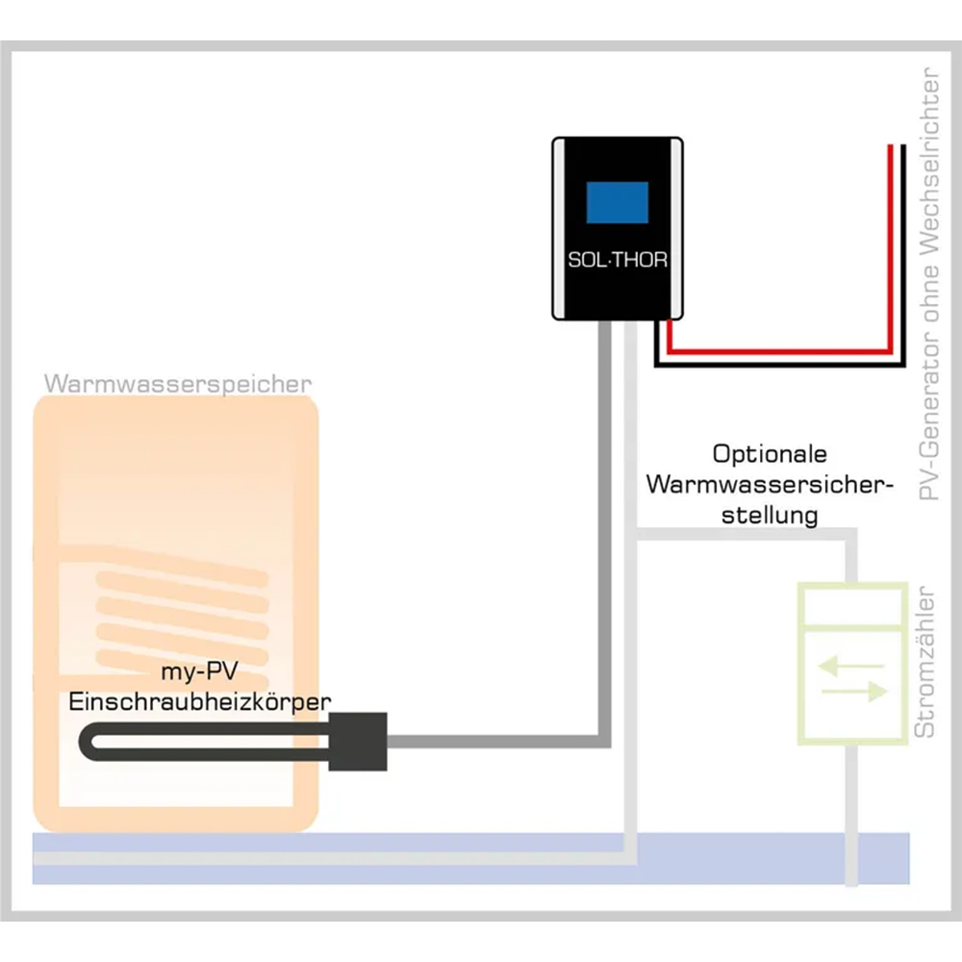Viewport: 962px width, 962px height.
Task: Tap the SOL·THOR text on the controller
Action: click(617, 261)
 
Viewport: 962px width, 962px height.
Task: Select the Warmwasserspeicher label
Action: click(178, 384)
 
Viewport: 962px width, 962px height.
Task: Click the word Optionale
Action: click(770, 453)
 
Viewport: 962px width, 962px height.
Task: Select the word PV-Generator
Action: click(928, 422)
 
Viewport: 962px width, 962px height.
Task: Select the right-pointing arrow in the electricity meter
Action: click(851, 691)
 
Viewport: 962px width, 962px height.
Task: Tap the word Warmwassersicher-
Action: click(770, 484)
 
